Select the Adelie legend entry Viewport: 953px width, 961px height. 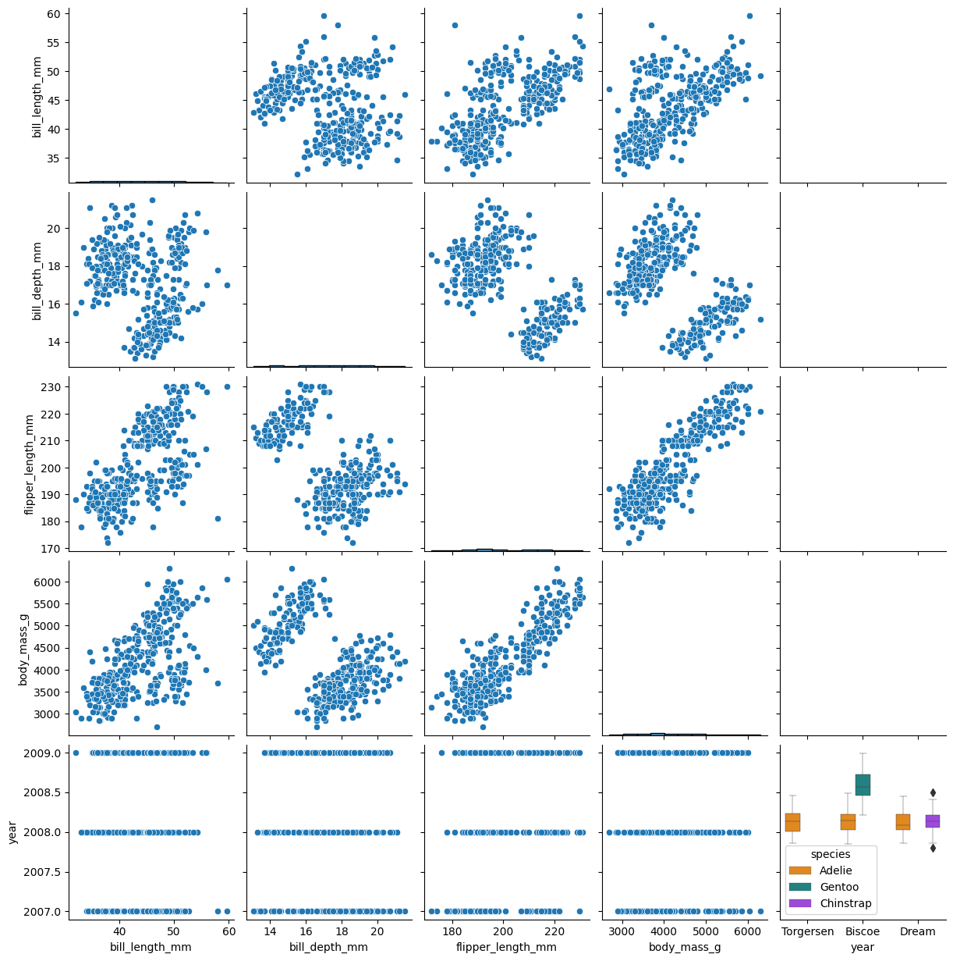(835, 870)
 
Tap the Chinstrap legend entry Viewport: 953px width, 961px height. (845, 904)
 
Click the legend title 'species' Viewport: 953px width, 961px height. (830, 855)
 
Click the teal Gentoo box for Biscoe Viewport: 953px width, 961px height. (863, 785)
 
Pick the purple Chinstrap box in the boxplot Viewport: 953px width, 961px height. (933, 821)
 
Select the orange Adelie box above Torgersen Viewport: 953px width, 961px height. (792, 822)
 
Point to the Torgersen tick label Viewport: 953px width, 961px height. (807, 931)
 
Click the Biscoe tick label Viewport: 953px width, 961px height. (863, 931)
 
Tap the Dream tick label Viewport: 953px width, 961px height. (917, 931)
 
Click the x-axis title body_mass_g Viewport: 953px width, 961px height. (685, 947)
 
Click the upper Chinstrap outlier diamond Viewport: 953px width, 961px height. (933, 793)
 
